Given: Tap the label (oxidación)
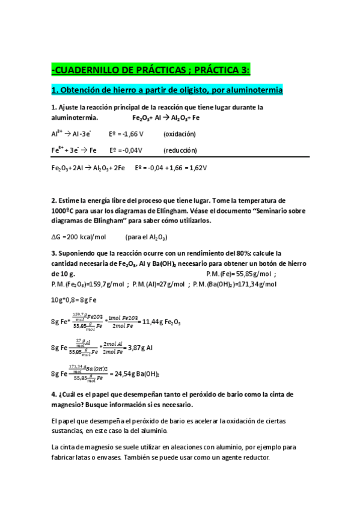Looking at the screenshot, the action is point(180,134).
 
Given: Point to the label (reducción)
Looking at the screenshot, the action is point(180,150).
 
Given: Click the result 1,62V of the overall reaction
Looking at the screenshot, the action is point(197,168).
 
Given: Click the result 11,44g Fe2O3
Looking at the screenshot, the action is point(162,322).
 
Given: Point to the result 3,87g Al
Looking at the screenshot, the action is point(141,348).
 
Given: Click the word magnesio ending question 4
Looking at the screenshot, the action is point(67,405).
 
